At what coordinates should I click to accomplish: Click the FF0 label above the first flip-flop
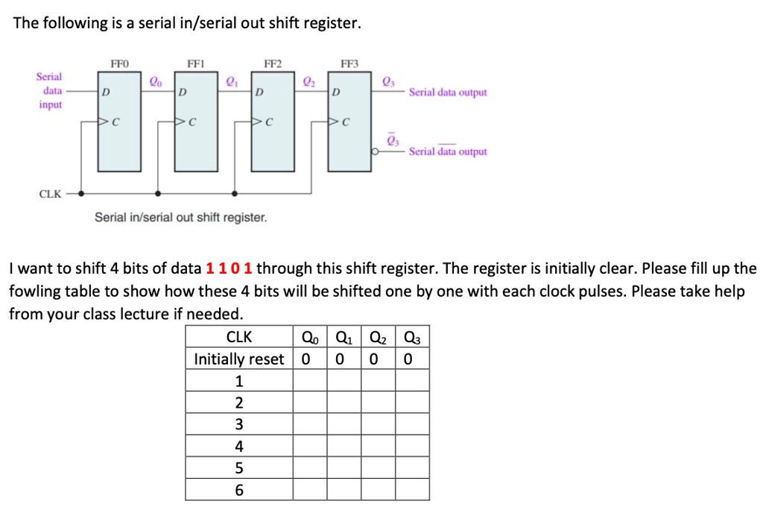tap(119, 64)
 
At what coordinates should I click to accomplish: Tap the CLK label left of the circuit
tap(51, 194)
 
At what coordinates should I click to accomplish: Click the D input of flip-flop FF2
tap(259, 93)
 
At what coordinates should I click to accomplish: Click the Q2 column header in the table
tap(378, 337)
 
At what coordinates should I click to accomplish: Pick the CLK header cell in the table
tap(239, 337)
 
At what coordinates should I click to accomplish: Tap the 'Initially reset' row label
tap(239, 359)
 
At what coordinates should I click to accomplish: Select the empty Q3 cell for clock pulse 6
tap(412, 490)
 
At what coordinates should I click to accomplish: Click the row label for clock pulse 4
tap(239, 447)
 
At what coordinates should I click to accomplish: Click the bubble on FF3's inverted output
tap(376, 151)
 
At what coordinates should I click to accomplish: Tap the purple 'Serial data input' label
tap(49, 91)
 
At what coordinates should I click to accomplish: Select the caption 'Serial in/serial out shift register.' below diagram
tap(180, 218)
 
